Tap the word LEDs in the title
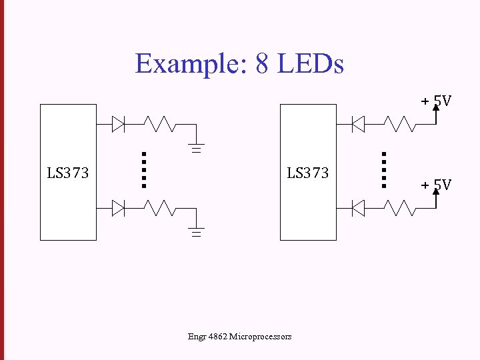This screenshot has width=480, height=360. (310, 65)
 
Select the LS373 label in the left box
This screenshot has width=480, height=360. (67, 173)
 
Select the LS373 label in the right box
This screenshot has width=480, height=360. (307, 173)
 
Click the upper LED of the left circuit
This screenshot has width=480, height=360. (119, 124)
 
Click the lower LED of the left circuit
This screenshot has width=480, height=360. (119, 209)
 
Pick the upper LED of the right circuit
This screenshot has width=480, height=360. (358, 124)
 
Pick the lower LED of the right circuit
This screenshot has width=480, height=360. (358, 209)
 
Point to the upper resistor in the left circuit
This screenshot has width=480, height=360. (160, 124)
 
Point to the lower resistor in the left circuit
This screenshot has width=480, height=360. (160, 209)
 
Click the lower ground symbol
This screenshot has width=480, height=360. (196, 233)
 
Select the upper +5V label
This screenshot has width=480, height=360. (436, 101)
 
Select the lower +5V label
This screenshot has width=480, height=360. (436, 184)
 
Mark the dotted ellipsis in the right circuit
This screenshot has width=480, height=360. (384, 169)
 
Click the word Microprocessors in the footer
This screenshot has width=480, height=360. (259, 337)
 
